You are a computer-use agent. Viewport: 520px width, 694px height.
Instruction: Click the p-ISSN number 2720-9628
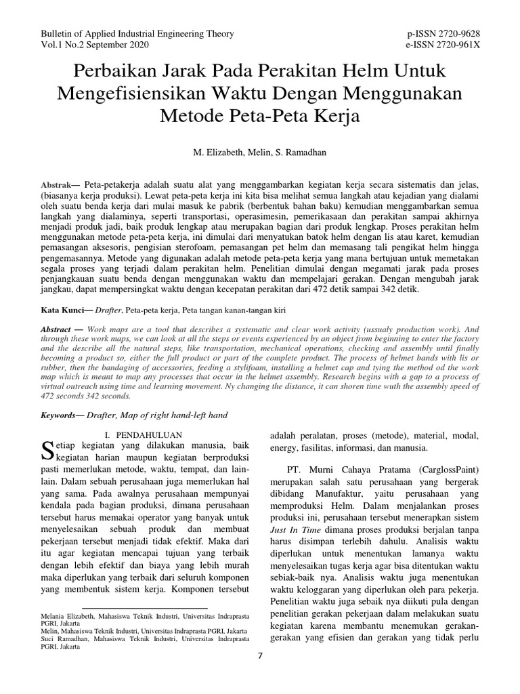[460, 33]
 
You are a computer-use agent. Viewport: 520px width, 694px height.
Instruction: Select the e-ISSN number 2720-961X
[460, 45]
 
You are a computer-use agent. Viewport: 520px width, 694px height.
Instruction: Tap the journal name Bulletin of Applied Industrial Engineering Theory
[137, 33]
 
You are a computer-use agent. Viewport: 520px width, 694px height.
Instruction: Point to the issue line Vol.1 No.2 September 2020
[95, 45]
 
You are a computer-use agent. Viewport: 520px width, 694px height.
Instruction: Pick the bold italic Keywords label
[64, 415]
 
